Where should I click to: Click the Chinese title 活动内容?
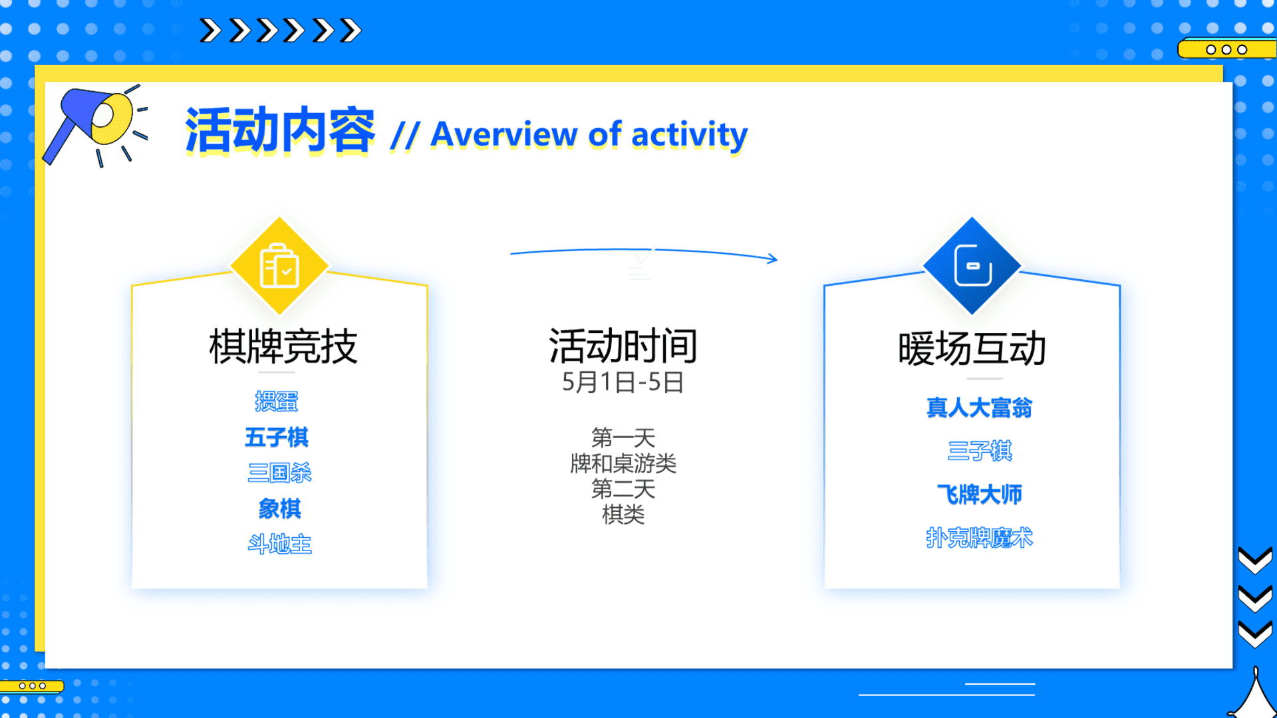[280, 131]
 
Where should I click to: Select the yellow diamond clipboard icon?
[279, 266]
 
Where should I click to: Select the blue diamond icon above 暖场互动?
[972, 266]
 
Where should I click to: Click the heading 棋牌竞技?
[283, 346]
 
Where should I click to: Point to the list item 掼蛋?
[277, 402]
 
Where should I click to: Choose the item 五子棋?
[277, 437]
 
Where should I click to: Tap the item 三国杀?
[279, 473]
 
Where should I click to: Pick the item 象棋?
[279, 509]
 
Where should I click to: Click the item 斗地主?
[279, 544]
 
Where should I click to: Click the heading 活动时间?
[623, 346]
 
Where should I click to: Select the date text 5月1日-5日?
[623, 382]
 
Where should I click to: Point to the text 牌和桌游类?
[623, 463]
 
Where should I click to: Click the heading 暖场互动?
[972, 348]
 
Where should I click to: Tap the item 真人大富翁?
[980, 408]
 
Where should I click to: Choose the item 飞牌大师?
[980, 495]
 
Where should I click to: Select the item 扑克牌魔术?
[980, 538]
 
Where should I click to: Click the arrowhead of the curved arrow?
[773, 259]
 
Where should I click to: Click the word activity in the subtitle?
[690, 135]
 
